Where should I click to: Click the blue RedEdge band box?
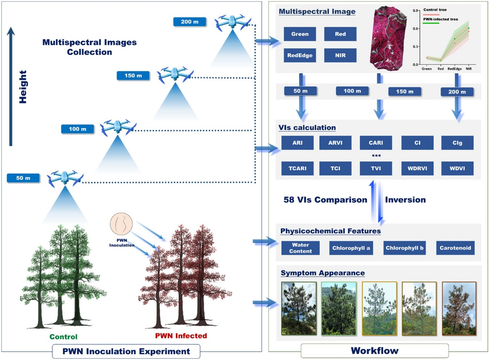(300, 56)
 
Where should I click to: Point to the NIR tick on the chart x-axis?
(468, 69)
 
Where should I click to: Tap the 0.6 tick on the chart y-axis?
(416, 28)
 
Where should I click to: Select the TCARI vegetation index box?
(297, 168)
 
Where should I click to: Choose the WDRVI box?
(417, 168)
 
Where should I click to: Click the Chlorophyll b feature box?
(404, 248)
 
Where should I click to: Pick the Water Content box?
(300, 248)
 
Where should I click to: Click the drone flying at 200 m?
(233, 23)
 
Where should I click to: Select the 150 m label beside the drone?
(133, 76)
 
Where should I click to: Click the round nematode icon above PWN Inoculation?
(121, 224)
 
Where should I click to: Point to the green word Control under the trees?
(63, 336)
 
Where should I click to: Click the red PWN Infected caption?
(181, 336)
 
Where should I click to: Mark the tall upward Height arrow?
(11, 86)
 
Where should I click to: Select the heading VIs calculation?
(307, 128)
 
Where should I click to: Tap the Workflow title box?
(375, 351)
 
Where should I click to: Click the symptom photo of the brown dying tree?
(459, 308)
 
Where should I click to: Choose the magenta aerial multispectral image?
(388, 38)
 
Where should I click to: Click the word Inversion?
(405, 200)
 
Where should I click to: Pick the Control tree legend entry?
(435, 11)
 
